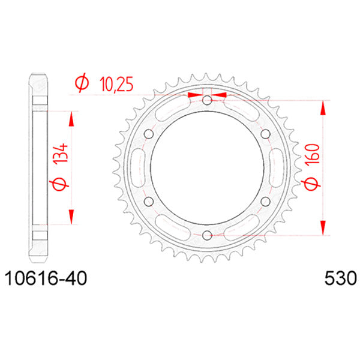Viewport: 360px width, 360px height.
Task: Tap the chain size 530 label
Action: click(339, 279)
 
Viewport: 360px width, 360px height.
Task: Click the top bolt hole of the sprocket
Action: click(207, 100)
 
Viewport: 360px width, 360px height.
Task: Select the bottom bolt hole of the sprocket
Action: click(207, 235)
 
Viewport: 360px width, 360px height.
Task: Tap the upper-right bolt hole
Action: click(265, 134)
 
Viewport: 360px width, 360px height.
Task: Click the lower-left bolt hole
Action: click(149, 201)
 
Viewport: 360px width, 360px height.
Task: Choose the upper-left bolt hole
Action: click(149, 134)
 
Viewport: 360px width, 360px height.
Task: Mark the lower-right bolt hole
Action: click(265, 201)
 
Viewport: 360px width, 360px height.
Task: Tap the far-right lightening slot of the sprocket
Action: click(277, 167)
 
